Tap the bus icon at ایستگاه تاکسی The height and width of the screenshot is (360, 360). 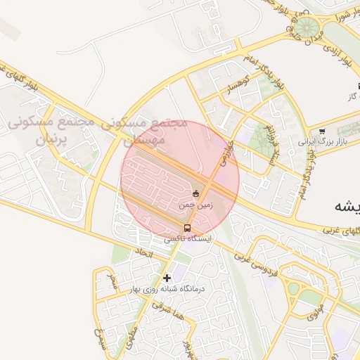(187, 228)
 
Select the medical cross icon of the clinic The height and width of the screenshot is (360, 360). (167, 278)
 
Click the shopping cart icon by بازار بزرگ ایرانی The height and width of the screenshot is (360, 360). (322, 131)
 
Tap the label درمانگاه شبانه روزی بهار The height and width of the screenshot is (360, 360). (167, 289)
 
